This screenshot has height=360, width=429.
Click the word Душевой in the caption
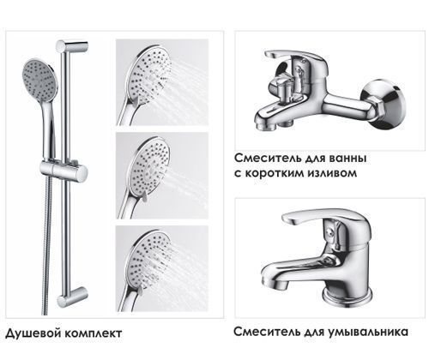point(31,331)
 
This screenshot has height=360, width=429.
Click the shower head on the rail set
point(37,81)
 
